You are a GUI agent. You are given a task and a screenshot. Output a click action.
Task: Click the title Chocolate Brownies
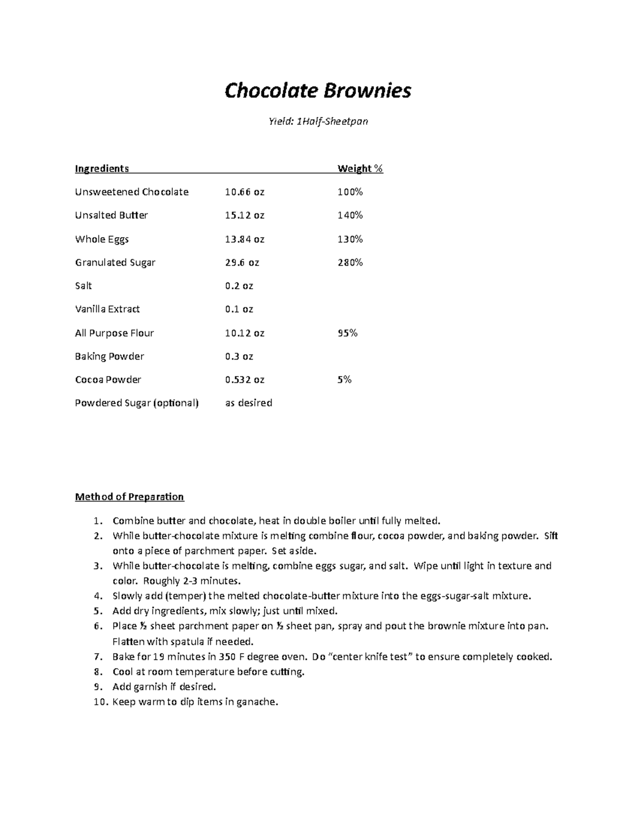click(317, 91)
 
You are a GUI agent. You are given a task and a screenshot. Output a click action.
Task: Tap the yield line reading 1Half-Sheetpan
click(317, 122)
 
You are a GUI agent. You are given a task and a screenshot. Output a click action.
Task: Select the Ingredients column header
click(102, 169)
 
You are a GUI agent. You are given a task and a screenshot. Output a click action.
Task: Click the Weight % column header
click(360, 169)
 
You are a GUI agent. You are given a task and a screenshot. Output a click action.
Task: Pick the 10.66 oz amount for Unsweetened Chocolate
click(245, 192)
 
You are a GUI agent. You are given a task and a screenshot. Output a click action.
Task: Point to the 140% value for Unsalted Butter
click(350, 215)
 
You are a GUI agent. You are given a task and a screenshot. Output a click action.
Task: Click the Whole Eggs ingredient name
click(102, 239)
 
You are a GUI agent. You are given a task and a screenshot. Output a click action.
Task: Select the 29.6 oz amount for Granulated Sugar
click(242, 263)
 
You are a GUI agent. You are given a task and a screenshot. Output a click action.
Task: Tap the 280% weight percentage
click(350, 263)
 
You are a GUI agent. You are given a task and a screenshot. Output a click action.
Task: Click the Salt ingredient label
click(83, 286)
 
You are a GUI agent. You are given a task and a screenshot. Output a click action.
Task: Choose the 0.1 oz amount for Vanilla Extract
click(239, 309)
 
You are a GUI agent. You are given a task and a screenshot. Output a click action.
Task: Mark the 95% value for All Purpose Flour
click(347, 333)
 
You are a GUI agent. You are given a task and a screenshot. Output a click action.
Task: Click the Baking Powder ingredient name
click(110, 356)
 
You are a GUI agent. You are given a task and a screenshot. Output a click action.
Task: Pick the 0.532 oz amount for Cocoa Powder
click(245, 380)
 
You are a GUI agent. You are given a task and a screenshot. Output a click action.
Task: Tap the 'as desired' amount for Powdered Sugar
click(248, 403)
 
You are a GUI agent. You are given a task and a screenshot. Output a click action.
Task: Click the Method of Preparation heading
click(129, 497)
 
